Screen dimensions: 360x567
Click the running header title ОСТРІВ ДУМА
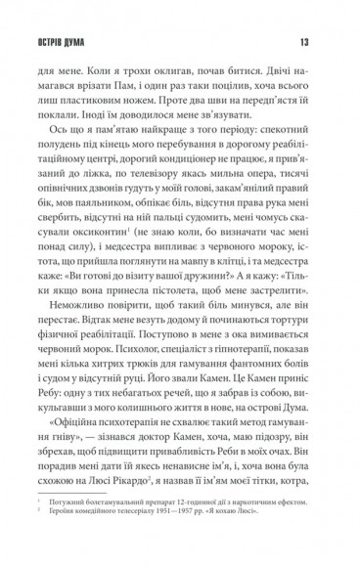point(65,40)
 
